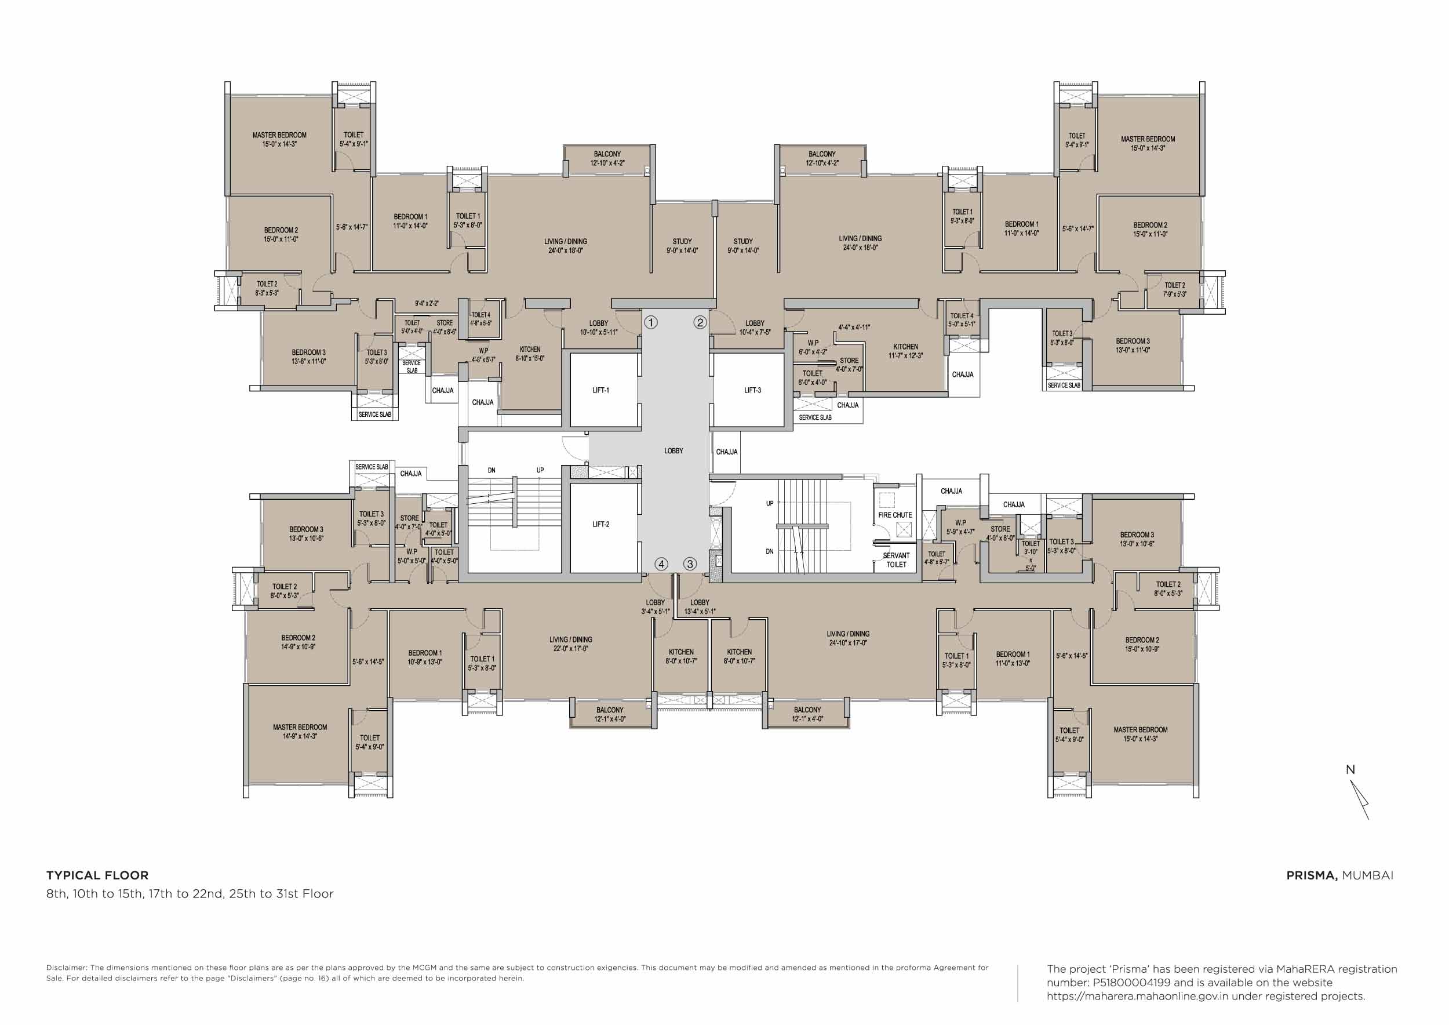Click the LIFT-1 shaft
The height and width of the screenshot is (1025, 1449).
pyautogui.click(x=603, y=390)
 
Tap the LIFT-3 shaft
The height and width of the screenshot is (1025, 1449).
pyautogui.click(x=751, y=390)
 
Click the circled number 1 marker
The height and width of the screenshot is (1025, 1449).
pyautogui.click(x=651, y=322)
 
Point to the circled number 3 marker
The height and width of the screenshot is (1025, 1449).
pyautogui.click(x=690, y=564)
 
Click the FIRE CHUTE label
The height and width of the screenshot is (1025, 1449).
pyautogui.click(x=894, y=515)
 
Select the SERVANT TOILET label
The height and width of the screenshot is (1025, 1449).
pyautogui.click(x=895, y=560)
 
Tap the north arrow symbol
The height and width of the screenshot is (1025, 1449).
pyautogui.click(x=1359, y=797)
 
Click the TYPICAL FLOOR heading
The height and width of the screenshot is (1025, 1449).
pyautogui.click(x=97, y=875)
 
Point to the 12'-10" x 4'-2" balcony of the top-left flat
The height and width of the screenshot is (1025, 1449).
pyautogui.click(x=607, y=158)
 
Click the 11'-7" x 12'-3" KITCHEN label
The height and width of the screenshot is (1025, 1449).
pyautogui.click(x=905, y=351)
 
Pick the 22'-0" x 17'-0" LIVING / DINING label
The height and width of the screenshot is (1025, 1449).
pyautogui.click(x=570, y=644)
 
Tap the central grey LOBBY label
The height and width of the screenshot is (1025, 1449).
pyautogui.click(x=673, y=450)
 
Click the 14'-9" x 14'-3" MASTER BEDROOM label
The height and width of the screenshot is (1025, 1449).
pyautogui.click(x=300, y=731)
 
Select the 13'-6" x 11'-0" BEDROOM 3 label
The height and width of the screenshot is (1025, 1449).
pyautogui.click(x=308, y=357)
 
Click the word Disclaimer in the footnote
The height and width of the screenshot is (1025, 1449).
pyautogui.click(x=66, y=968)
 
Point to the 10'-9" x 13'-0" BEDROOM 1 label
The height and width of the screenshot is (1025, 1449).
pyautogui.click(x=424, y=657)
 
